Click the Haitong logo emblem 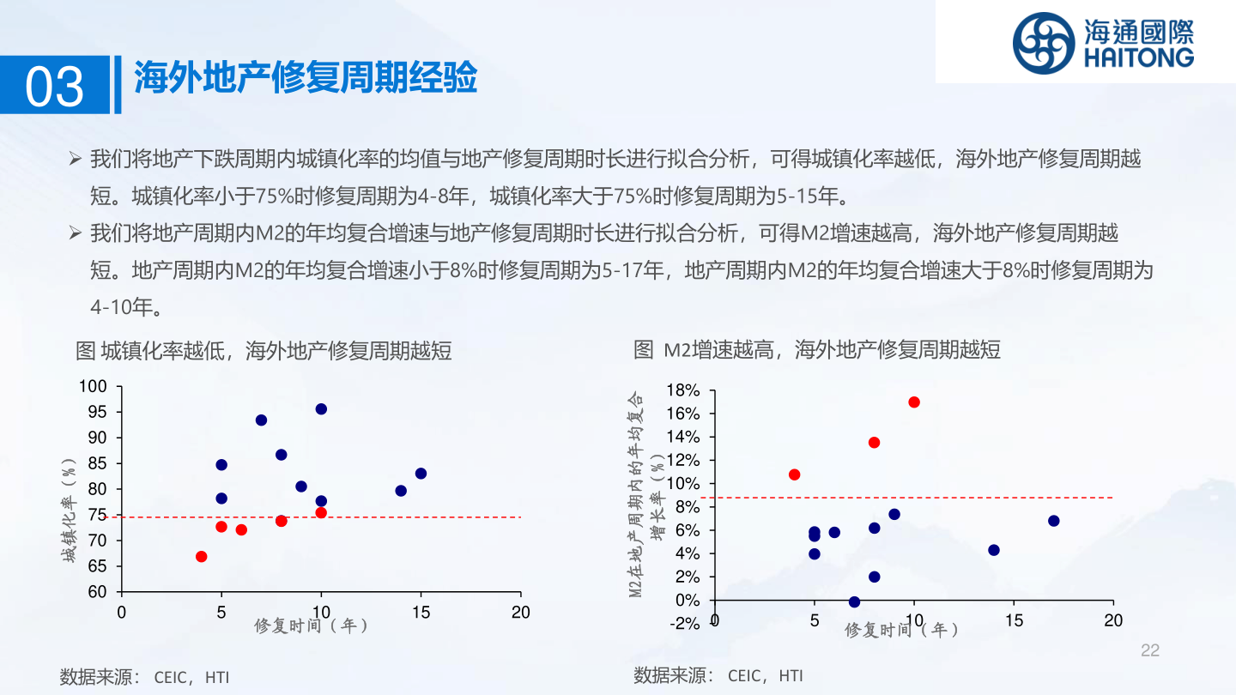1043,43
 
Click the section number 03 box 56,85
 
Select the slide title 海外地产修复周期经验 305,79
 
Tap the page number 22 1149,651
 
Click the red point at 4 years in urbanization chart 201,556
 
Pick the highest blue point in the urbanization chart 321,409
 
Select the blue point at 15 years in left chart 421,474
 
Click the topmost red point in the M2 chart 914,402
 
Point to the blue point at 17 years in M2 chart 1053,521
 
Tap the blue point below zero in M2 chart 854,602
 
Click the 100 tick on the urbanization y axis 93,387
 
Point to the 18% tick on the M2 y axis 683,391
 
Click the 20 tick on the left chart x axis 520,613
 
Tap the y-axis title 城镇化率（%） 69,510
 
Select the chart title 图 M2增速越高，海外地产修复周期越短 817,349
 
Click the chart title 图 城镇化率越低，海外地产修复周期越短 264,350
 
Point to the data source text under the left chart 144,676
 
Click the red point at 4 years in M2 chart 794,474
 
